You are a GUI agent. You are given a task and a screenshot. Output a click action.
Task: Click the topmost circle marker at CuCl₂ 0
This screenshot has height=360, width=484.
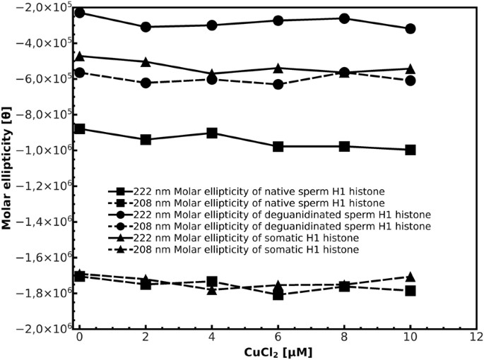click(x=79, y=13)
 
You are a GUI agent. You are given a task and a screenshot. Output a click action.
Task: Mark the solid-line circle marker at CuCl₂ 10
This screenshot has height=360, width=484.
click(x=410, y=29)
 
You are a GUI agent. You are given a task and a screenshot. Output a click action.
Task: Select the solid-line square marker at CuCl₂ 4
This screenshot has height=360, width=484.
click(x=211, y=133)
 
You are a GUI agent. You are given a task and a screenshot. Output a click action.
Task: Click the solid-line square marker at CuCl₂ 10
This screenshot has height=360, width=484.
click(x=410, y=150)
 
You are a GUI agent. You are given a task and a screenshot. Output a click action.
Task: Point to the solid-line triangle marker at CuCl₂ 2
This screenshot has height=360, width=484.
click(x=146, y=62)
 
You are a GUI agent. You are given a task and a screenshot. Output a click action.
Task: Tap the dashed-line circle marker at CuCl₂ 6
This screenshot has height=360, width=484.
click(x=278, y=85)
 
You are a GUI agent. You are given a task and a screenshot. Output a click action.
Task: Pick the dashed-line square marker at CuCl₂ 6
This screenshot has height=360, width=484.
click(x=278, y=294)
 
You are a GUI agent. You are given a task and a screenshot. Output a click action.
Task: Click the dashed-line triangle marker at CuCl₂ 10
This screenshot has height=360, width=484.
click(x=410, y=277)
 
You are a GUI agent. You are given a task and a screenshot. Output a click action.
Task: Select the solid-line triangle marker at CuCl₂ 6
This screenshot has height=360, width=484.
click(x=278, y=68)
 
